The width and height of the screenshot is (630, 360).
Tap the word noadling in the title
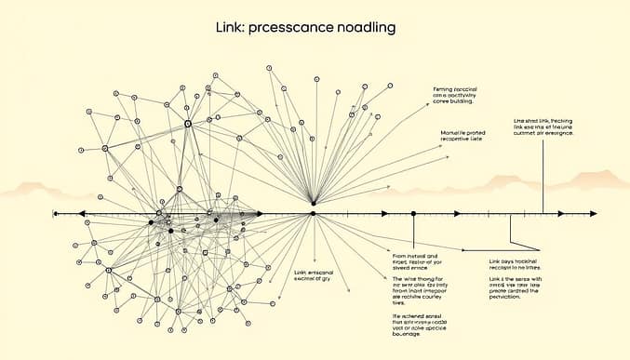point(361,28)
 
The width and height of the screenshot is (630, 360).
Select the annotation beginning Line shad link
point(543,127)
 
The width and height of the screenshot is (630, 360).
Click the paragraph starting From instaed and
point(418,259)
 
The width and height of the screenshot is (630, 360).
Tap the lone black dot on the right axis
point(413,213)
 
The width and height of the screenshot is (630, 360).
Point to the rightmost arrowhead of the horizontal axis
point(593,213)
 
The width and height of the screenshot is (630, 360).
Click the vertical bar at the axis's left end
point(55,213)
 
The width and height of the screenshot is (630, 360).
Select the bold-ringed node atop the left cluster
point(187,123)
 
